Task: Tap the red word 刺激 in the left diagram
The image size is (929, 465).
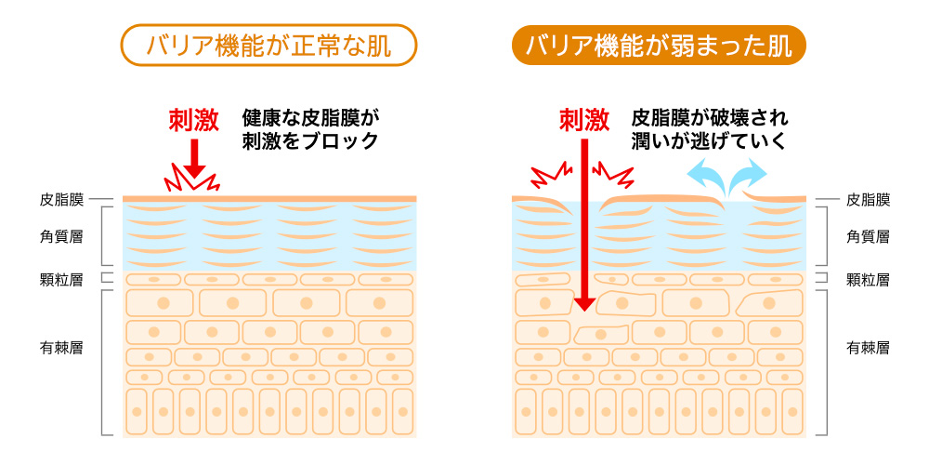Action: coord(193,119)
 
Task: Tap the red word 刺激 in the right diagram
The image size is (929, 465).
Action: coord(583,119)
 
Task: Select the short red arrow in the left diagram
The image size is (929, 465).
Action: coord(193,156)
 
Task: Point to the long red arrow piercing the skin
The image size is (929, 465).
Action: coord(583,223)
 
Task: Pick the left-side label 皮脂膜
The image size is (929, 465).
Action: coord(62,199)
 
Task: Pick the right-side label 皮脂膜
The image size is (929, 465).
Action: coord(869,199)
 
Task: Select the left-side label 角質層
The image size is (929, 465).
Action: coord(62,236)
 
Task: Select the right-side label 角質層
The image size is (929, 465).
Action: coord(869,236)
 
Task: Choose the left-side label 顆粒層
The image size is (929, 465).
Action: coord(62,279)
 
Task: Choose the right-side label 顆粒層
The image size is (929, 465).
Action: coord(869,279)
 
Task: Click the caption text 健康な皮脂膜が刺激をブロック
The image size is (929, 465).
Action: coord(311,130)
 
